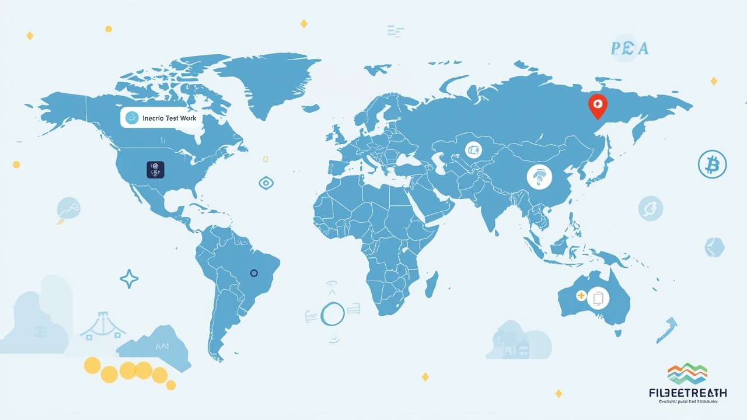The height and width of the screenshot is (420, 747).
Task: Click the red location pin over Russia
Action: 596,106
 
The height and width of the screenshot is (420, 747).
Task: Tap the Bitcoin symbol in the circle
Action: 712,164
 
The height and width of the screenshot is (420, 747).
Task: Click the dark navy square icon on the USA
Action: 156,170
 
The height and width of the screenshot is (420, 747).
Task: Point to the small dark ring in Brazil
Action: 253,273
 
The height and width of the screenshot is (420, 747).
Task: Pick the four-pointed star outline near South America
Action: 129,279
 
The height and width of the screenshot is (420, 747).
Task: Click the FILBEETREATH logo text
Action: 687,393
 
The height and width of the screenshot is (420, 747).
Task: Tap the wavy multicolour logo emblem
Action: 687,374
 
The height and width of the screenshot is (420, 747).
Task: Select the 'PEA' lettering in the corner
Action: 629,49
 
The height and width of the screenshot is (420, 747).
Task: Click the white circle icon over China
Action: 539,176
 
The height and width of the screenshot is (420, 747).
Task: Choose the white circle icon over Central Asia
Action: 474,150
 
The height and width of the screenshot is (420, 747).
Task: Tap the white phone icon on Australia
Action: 598,298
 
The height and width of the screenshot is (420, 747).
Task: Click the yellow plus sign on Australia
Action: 580,296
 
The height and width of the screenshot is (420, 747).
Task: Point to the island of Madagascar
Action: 432,287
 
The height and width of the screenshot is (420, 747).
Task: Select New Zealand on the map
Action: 667,331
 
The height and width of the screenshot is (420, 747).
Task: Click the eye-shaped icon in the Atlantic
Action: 266,183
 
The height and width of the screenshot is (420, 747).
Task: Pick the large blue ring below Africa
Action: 333,313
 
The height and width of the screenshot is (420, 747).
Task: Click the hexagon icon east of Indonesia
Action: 714,247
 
